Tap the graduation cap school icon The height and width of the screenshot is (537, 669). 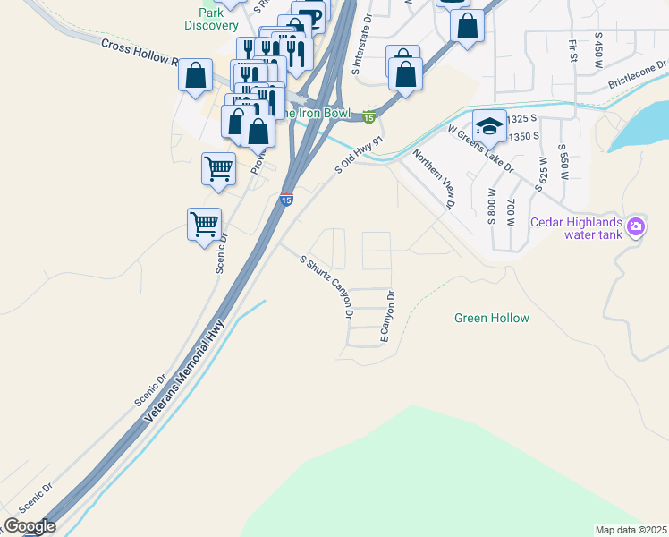(489, 125)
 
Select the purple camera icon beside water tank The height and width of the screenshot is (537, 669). (636, 226)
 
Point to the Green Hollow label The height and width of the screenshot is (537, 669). (491, 318)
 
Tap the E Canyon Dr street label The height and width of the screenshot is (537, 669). (387, 317)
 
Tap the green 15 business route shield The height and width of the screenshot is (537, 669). (368, 116)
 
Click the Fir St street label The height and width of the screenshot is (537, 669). (572, 45)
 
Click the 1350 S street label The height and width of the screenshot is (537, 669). (523, 136)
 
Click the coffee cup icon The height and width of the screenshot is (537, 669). (310, 17)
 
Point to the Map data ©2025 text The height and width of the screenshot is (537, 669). (630, 530)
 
